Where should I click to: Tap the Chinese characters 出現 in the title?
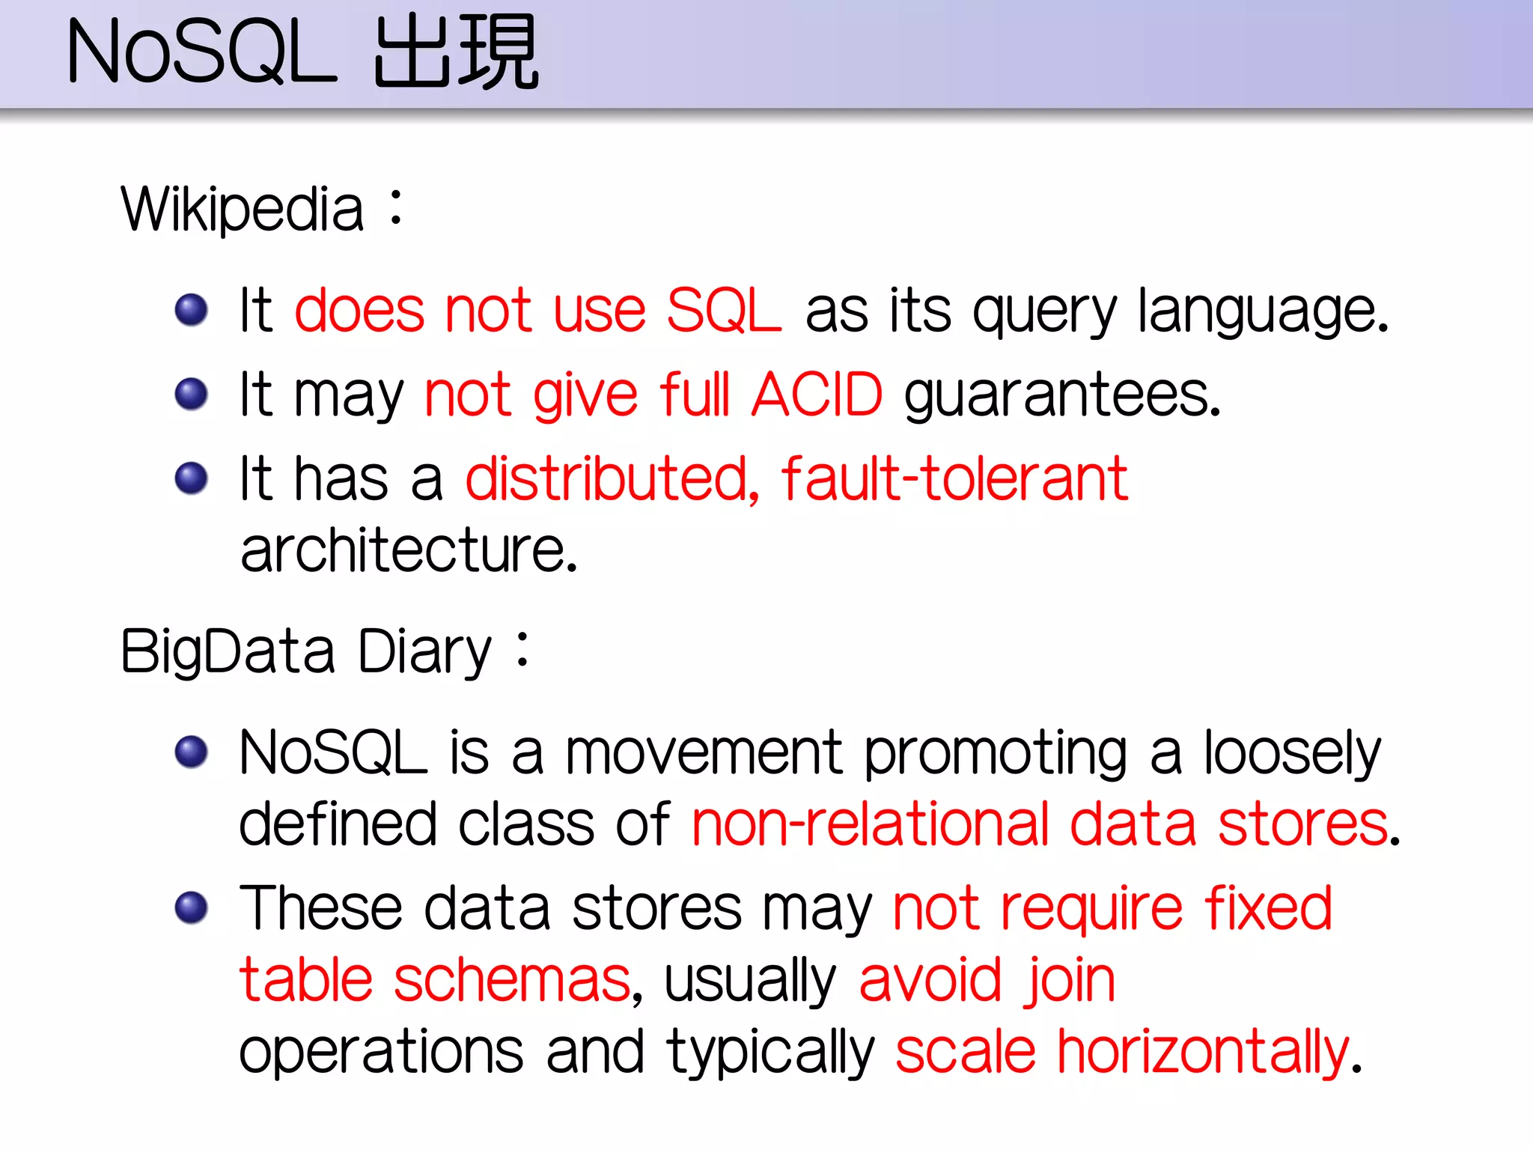455,52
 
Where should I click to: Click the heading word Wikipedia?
243,210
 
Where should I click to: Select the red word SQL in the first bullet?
723,310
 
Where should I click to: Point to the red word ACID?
817,395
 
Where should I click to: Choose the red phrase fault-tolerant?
954,479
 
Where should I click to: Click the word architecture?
409,551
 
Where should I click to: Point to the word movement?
704,753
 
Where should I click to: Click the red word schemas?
512,981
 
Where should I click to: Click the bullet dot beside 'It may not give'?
191,394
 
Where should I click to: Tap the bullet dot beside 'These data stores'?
191,907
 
